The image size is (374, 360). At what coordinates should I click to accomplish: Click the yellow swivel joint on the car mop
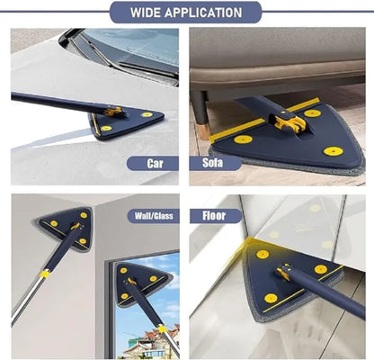[x=112, y=112]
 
